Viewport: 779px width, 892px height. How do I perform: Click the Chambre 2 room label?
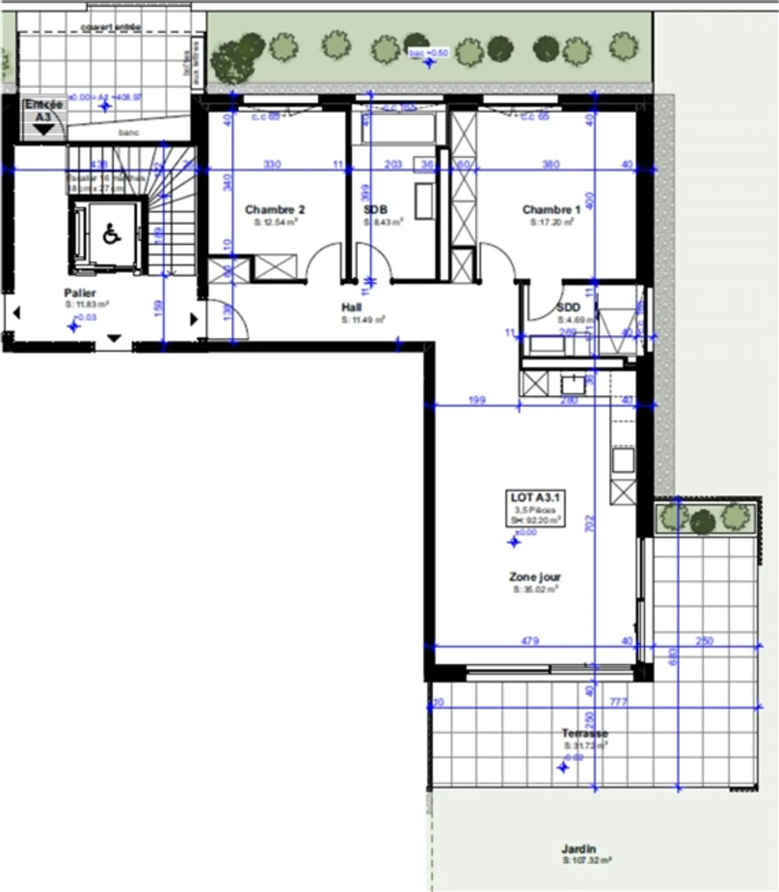(275, 210)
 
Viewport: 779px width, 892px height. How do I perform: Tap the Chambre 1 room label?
(551, 210)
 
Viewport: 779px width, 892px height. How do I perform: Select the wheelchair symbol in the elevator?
(112, 234)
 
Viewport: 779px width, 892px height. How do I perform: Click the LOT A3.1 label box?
(535, 508)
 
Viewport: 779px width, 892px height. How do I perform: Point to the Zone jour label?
(534, 577)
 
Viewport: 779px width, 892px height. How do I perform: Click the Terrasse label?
(584, 734)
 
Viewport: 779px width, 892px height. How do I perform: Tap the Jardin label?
(579, 849)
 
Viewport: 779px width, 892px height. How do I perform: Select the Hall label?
(352, 307)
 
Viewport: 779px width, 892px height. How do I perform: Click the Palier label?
(80, 293)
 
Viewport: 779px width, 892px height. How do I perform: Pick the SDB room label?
(375, 210)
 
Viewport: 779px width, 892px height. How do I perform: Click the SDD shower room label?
(568, 308)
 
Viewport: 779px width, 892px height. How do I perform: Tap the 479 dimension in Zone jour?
(530, 641)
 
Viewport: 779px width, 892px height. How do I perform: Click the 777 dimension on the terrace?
(618, 702)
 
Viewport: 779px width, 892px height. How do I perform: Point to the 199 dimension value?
(477, 400)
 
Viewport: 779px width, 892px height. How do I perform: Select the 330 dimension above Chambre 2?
(272, 164)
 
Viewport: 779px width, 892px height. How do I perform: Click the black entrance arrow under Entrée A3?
(43, 130)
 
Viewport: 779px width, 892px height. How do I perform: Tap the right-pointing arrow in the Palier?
(194, 319)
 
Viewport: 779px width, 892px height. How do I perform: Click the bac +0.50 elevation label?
(428, 53)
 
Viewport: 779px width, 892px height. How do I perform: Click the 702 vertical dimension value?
(590, 523)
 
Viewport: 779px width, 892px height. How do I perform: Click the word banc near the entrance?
(129, 132)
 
